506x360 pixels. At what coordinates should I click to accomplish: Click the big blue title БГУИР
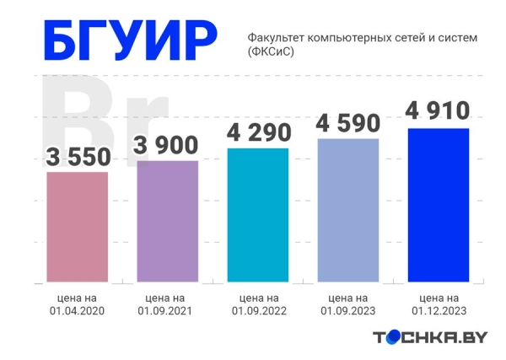coord(128,42)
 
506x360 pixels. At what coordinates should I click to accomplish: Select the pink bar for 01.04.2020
coord(77,226)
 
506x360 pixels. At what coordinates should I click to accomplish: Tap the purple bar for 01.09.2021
coord(166,220)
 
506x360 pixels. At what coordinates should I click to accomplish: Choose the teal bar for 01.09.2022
coord(258,214)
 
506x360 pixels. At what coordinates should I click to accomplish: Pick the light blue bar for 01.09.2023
coord(348,210)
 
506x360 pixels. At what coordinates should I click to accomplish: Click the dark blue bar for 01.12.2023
coord(438,205)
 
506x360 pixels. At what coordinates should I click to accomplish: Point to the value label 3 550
coord(77,157)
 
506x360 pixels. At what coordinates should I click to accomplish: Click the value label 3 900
coord(166,145)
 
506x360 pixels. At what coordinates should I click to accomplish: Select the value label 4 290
coord(258,132)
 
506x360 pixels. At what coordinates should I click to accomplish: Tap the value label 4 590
coord(348,122)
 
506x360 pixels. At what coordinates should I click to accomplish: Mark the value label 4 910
coord(438,111)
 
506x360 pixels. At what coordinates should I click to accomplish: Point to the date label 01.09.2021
coord(166,311)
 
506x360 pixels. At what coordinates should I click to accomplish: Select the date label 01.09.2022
coord(258,312)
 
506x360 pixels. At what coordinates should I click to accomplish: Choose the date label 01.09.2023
coord(348,311)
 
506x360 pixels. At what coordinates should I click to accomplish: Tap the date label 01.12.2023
coord(438,311)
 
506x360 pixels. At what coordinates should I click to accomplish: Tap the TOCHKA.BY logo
coord(430,337)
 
